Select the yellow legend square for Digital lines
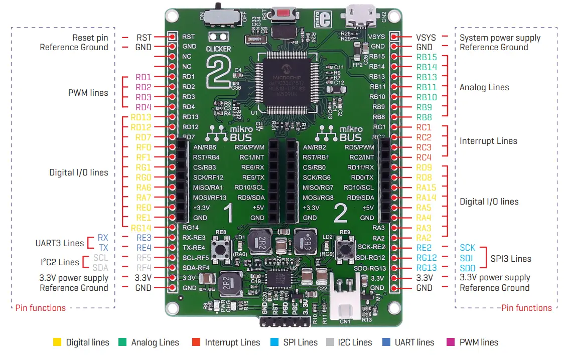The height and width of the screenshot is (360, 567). (57, 342)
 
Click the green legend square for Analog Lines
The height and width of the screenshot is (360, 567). (122, 342)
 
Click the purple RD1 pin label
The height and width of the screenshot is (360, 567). (143, 77)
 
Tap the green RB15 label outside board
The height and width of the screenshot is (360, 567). (427, 57)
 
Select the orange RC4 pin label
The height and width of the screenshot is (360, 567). (423, 157)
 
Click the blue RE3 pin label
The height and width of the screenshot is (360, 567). (144, 238)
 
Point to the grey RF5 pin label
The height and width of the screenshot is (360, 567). (144, 258)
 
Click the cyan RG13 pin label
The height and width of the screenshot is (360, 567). (426, 268)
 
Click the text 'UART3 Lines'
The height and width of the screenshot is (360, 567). (59, 243)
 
